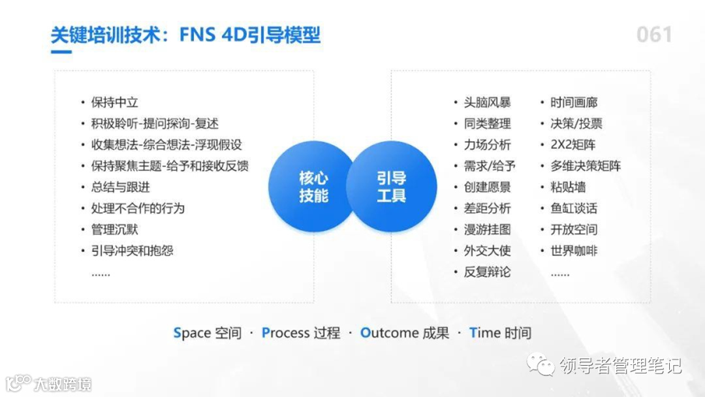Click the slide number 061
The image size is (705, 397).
pyautogui.click(x=654, y=35)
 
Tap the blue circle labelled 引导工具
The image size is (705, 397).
pyautogui.click(x=392, y=187)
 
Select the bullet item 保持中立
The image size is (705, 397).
pyautogui.click(x=114, y=103)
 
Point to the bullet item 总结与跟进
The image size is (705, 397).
pyautogui.click(x=120, y=187)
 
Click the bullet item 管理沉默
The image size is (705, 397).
pyautogui.click(x=114, y=230)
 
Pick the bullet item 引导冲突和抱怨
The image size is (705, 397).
pyautogui.click(x=132, y=251)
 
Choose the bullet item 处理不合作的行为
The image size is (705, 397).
pyautogui.click(x=138, y=208)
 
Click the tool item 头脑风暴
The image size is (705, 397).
pyautogui.click(x=487, y=103)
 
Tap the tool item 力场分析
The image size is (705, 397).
pyautogui.click(x=487, y=145)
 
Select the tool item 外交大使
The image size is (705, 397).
pyautogui.click(x=487, y=251)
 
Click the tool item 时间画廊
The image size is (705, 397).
pyautogui.click(x=574, y=103)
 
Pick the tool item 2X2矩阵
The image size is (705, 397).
pyautogui.click(x=572, y=145)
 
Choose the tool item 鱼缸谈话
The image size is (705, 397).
pyautogui.click(x=574, y=208)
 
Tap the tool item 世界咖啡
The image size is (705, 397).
pyautogui.click(x=574, y=251)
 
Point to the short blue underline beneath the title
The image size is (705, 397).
pyautogui.click(x=61, y=52)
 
